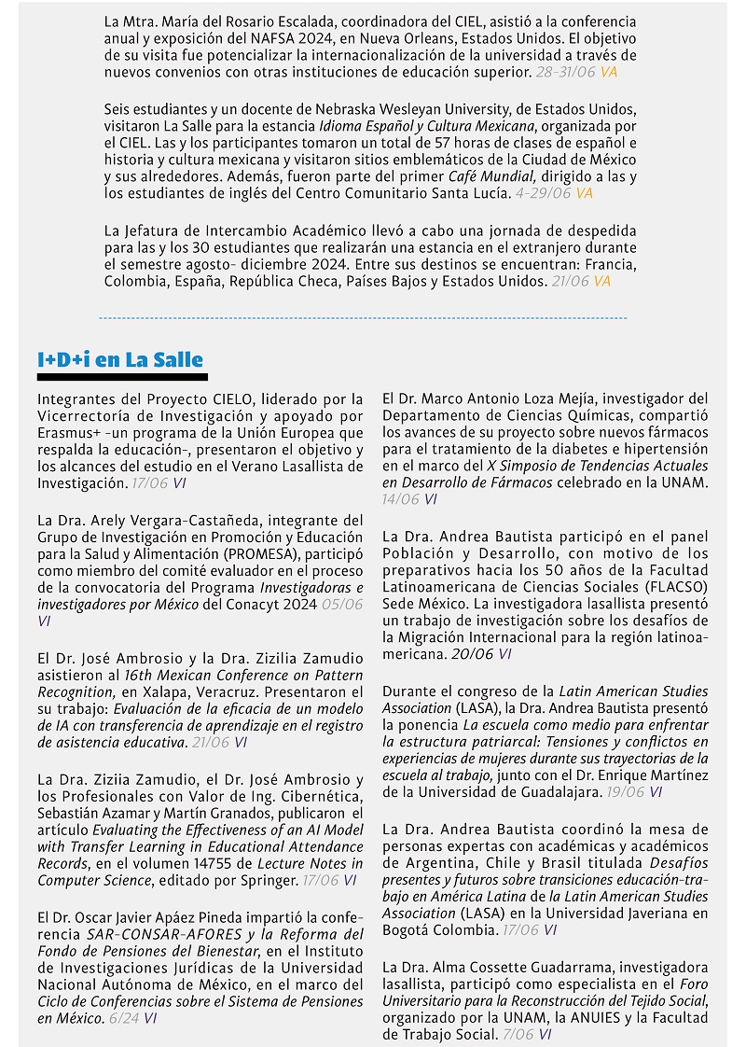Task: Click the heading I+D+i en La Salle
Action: (120, 360)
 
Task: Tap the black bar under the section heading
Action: (120, 378)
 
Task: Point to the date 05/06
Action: (341, 604)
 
